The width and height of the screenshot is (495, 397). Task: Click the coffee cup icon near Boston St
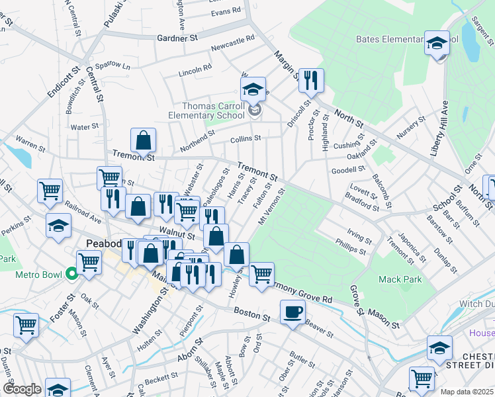click(292, 312)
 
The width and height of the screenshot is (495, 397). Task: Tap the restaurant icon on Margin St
click(310, 80)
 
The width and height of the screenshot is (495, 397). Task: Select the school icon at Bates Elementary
click(437, 43)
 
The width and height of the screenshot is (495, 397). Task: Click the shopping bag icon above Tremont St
click(143, 140)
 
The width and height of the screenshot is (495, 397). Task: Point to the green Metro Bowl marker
click(71, 273)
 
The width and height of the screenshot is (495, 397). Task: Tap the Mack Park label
click(400, 280)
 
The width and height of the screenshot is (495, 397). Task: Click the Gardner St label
click(177, 39)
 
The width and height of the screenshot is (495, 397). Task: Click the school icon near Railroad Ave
click(58, 226)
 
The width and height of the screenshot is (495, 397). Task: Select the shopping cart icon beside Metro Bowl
click(88, 262)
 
